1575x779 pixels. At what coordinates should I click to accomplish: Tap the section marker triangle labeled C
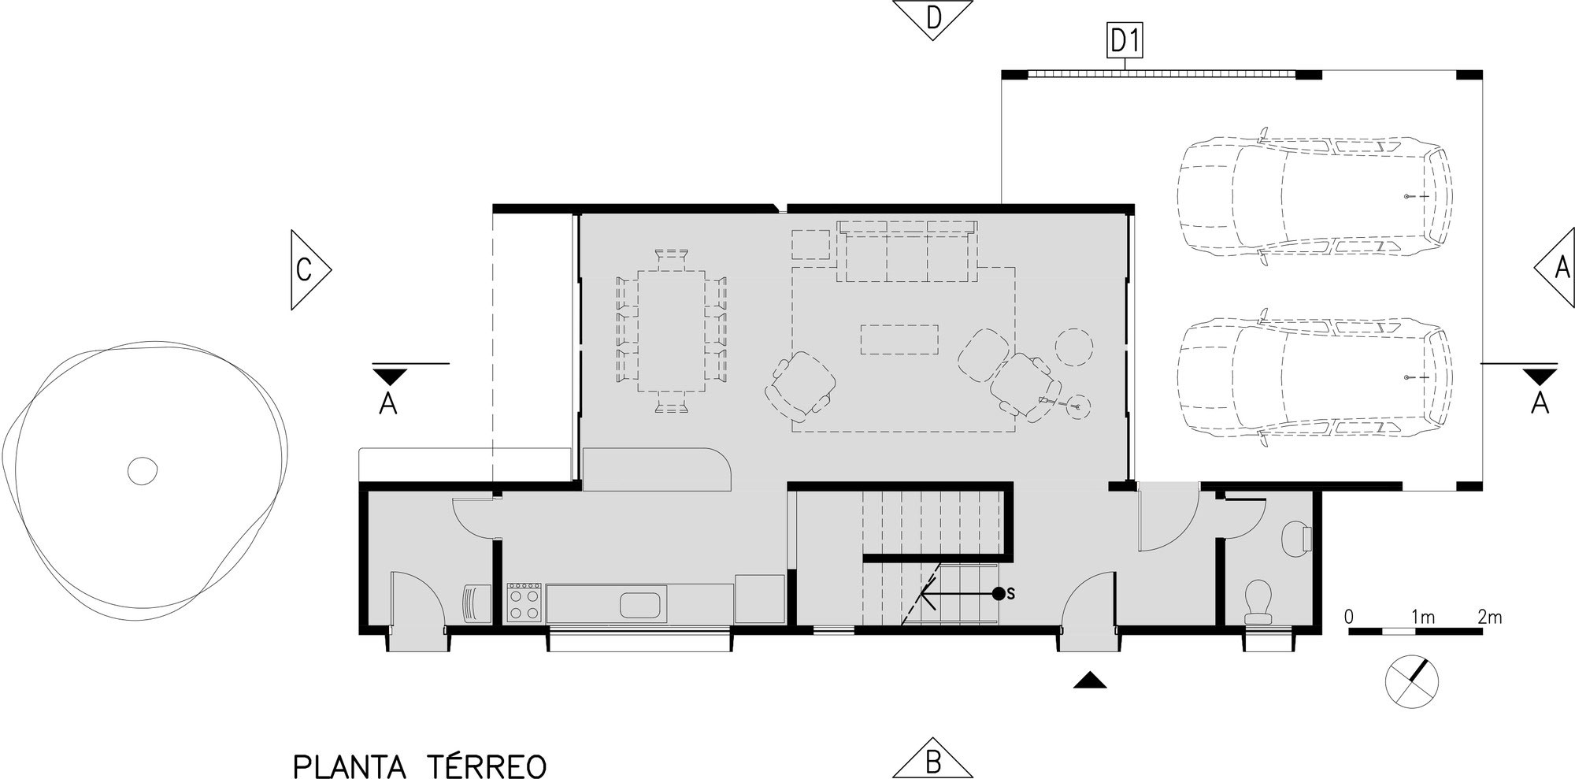coord(306,269)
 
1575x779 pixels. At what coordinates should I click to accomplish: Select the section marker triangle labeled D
coord(932,17)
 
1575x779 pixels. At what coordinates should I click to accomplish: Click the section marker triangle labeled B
coord(932,761)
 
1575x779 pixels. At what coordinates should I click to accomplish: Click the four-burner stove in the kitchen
coord(524,603)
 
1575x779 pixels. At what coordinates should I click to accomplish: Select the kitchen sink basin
coord(643,606)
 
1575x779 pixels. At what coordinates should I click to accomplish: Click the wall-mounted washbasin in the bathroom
coord(1296,539)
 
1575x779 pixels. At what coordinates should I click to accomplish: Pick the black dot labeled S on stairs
coord(998,593)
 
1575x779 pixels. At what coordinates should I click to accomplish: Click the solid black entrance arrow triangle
coord(1090,680)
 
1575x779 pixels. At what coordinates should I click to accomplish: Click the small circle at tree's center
coord(143,471)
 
